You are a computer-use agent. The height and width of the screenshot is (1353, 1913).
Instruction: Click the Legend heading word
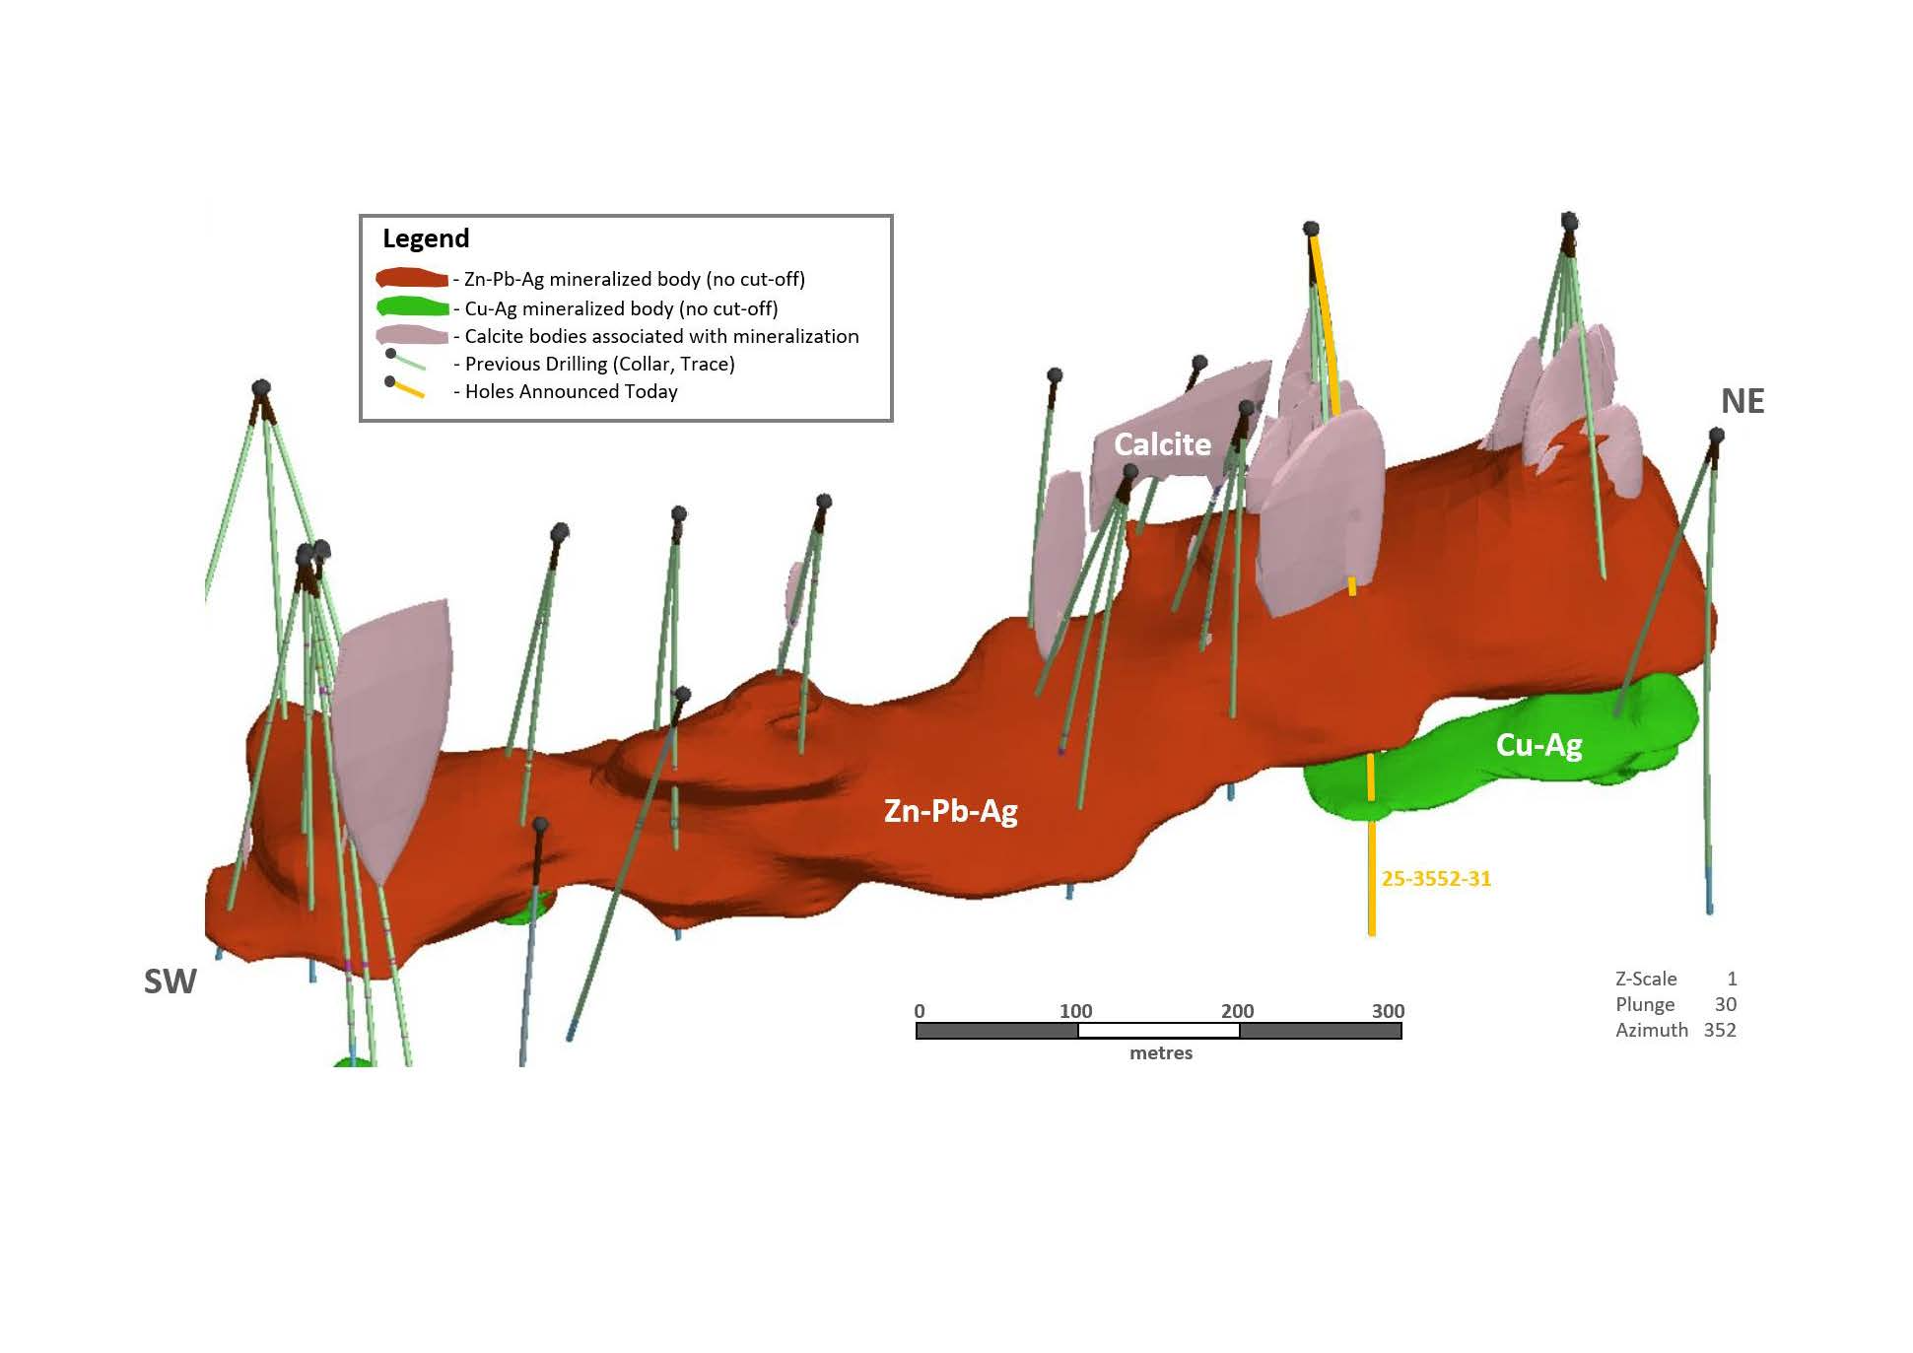coord(426,239)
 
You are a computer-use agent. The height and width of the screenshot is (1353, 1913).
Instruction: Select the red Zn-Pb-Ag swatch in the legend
coord(412,279)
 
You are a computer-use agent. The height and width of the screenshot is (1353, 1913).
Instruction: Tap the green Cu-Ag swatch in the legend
coord(412,307)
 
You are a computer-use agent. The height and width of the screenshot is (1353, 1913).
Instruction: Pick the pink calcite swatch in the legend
coord(412,335)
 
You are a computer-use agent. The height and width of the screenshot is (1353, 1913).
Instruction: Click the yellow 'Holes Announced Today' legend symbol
coord(405,387)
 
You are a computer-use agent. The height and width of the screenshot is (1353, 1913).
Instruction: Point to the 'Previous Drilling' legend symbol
coord(405,360)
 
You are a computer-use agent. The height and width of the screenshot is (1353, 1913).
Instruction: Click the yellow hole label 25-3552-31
coord(1436,879)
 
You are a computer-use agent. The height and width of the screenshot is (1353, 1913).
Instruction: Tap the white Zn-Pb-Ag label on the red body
coord(951,811)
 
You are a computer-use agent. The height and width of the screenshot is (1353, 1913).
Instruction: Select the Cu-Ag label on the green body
coord(1539,745)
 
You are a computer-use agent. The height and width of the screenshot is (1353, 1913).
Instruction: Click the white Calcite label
coord(1162,444)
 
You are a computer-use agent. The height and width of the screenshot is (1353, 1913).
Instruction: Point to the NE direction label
coord(1742,401)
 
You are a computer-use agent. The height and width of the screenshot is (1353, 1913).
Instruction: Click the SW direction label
coord(171,981)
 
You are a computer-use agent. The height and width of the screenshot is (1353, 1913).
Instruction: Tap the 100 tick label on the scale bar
coord(1076,1011)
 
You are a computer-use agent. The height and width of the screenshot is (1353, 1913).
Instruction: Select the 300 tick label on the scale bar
coord(1389,1011)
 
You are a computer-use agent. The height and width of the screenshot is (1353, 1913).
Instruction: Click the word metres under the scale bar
coord(1161,1053)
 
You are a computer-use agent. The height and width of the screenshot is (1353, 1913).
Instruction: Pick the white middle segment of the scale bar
coord(1159,1031)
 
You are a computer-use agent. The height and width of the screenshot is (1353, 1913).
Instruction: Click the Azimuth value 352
coord(1720,1030)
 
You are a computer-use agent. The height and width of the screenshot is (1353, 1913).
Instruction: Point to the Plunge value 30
coord(1726,1004)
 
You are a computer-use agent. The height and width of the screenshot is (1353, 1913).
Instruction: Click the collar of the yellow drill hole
coord(1311,229)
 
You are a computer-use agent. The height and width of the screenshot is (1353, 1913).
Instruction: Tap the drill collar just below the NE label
coord(1716,436)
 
